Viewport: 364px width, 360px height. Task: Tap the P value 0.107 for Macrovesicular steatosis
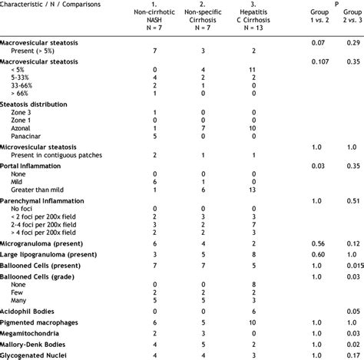pyautogui.click(x=319, y=61)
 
